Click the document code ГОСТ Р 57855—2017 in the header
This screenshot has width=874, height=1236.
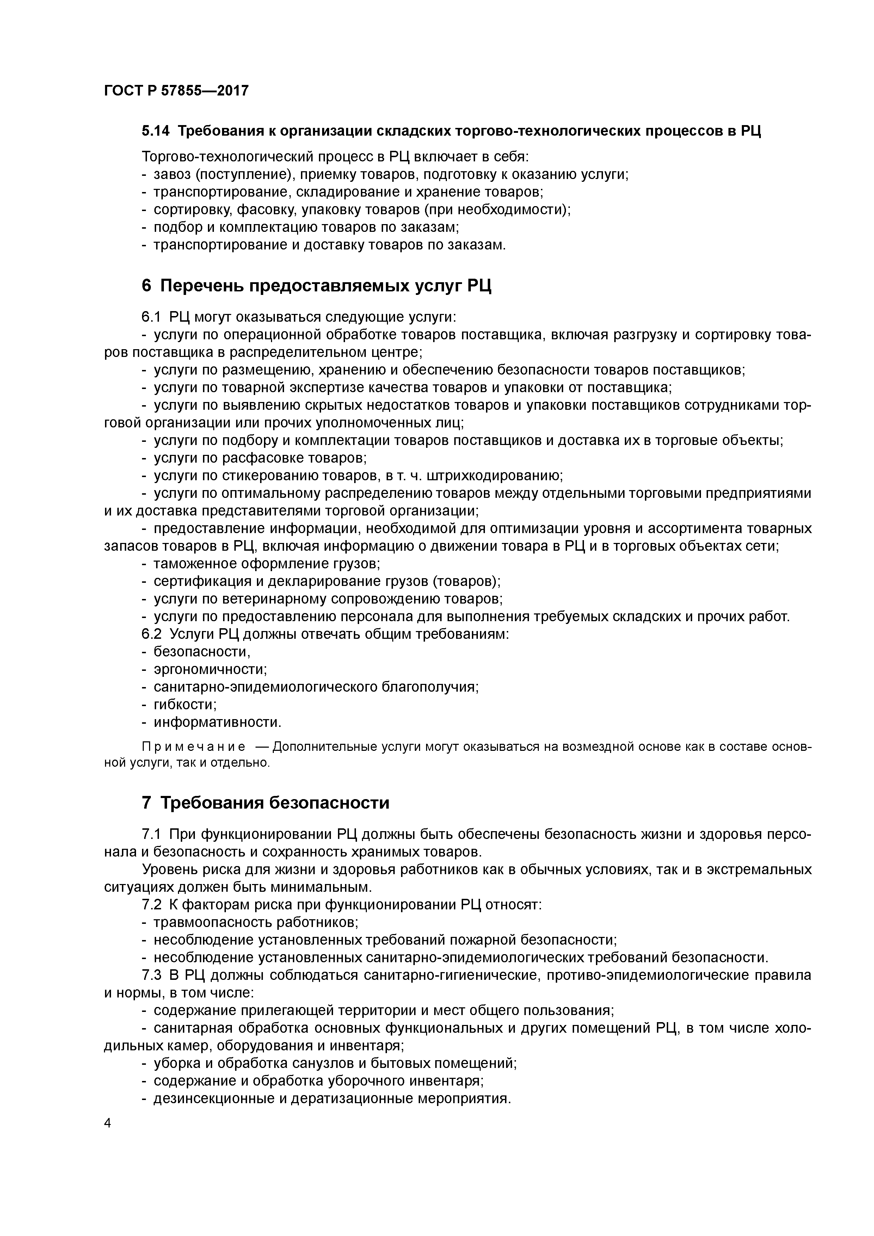176,91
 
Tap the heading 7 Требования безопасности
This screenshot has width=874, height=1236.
265,803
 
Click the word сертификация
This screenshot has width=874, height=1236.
195,581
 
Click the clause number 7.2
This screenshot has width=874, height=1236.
151,905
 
